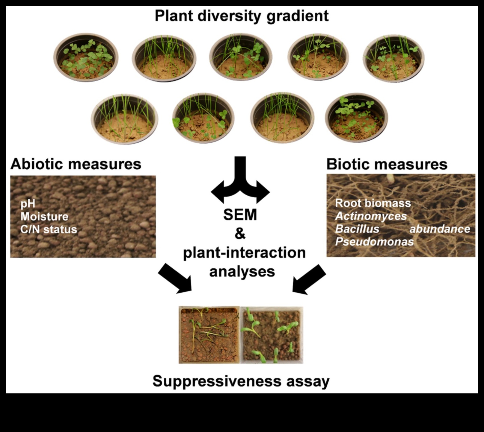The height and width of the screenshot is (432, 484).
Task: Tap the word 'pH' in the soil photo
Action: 28,204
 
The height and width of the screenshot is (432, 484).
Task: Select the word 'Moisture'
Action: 44,216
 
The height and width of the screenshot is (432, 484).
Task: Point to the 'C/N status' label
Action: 49,229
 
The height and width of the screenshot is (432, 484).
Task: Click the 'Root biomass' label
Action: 373,203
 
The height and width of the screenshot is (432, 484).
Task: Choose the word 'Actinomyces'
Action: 371,216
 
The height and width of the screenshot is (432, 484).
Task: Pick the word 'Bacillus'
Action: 357,229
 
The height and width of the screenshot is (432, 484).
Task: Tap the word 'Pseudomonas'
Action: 374,242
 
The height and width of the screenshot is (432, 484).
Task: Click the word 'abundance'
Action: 440,229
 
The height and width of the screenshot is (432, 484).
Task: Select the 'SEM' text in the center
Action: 240,215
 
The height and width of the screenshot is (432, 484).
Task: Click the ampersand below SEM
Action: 240,233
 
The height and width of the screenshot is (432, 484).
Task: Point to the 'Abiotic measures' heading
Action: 76,164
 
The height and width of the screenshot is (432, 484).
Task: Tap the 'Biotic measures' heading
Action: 387,164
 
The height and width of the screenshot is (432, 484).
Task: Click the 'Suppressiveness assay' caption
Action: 241,381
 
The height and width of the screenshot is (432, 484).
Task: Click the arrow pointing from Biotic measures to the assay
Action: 309,279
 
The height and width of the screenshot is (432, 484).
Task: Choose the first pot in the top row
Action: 86,57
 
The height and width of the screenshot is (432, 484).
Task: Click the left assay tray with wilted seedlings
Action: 209,335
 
